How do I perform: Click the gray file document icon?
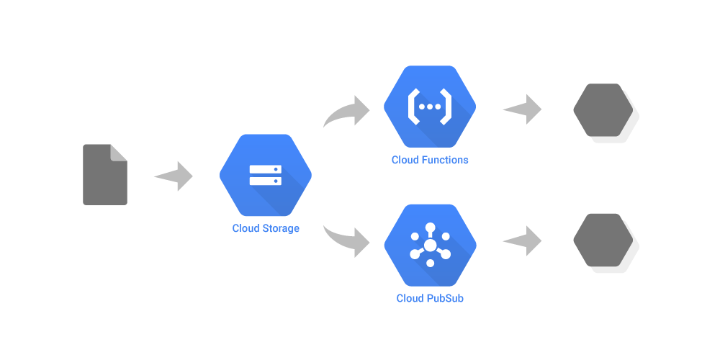(x=104, y=176)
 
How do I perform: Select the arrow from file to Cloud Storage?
(x=175, y=176)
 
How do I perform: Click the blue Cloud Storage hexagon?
(x=265, y=176)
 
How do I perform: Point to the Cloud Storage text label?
(x=266, y=228)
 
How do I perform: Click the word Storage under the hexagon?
(x=281, y=228)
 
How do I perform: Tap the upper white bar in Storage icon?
(x=265, y=169)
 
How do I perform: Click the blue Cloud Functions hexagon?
(x=430, y=107)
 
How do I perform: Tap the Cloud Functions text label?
(x=430, y=160)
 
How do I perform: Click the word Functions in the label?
(x=445, y=160)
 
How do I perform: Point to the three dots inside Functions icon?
(x=430, y=107)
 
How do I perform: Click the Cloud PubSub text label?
(x=430, y=298)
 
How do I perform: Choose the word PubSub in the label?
(x=445, y=298)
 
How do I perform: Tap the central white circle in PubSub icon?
(x=430, y=246)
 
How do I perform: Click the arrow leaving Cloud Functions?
(x=523, y=109)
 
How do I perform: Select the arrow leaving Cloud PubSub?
(x=523, y=240)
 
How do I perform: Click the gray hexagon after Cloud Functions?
(x=603, y=110)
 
